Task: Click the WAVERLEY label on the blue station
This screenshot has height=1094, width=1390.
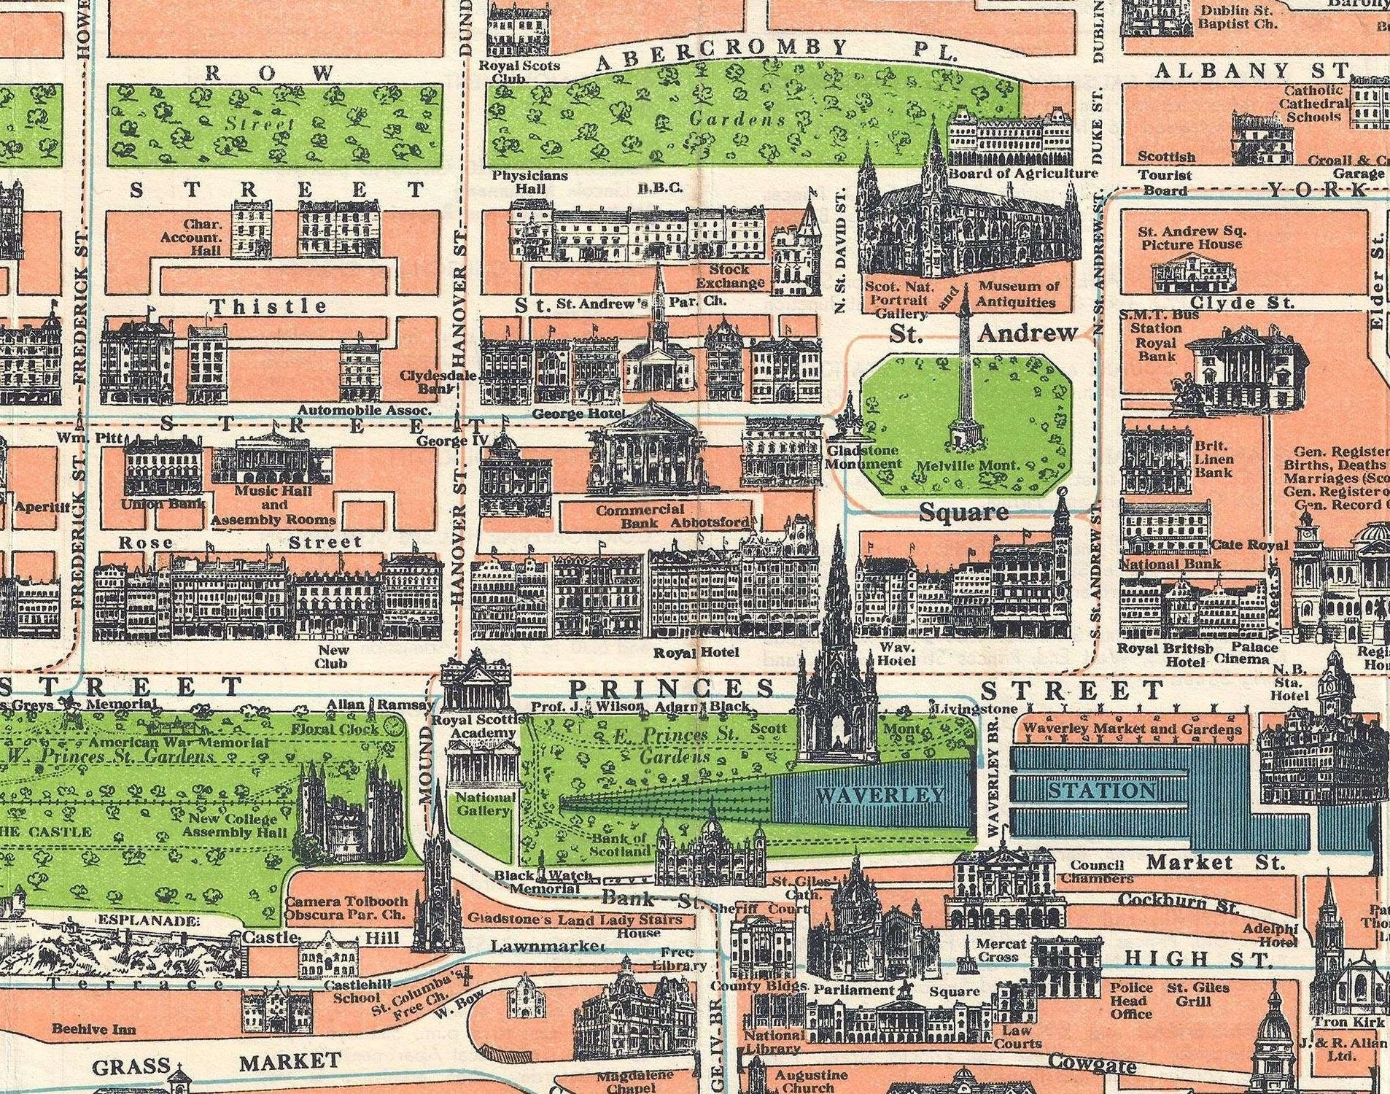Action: pyautogui.click(x=880, y=794)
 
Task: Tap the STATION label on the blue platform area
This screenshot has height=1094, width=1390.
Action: pyautogui.click(x=1101, y=791)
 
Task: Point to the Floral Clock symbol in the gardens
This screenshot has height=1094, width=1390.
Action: pyautogui.click(x=393, y=726)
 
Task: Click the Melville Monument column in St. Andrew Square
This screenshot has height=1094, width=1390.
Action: pyautogui.click(x=965, y=379)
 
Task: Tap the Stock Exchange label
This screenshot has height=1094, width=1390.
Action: pyautogui.click(x=729, y=276)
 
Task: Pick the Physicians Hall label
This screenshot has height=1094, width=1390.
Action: pyautogui.click(x=529, y=182)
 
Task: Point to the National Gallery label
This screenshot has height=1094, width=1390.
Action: pyautogui.click(x=484, y=803)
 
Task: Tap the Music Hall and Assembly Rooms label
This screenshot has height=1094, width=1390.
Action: pyautogui.click(x=273, y=505)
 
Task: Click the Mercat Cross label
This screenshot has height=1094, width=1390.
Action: pyautogui.click(x=1001, y=950)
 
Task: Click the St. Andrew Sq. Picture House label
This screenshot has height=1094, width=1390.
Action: pyautogui.click(x=1192, y=238)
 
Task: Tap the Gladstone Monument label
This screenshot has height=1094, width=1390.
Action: pyautogui.click(x=863, y=457)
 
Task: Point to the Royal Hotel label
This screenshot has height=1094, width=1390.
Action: pyautogui.click(x=696, y=653)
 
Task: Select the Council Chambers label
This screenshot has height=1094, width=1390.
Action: pyautogui.click(x=1098, y=872)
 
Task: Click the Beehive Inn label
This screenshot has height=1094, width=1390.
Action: pyautogui.click(x=93, y=1029)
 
